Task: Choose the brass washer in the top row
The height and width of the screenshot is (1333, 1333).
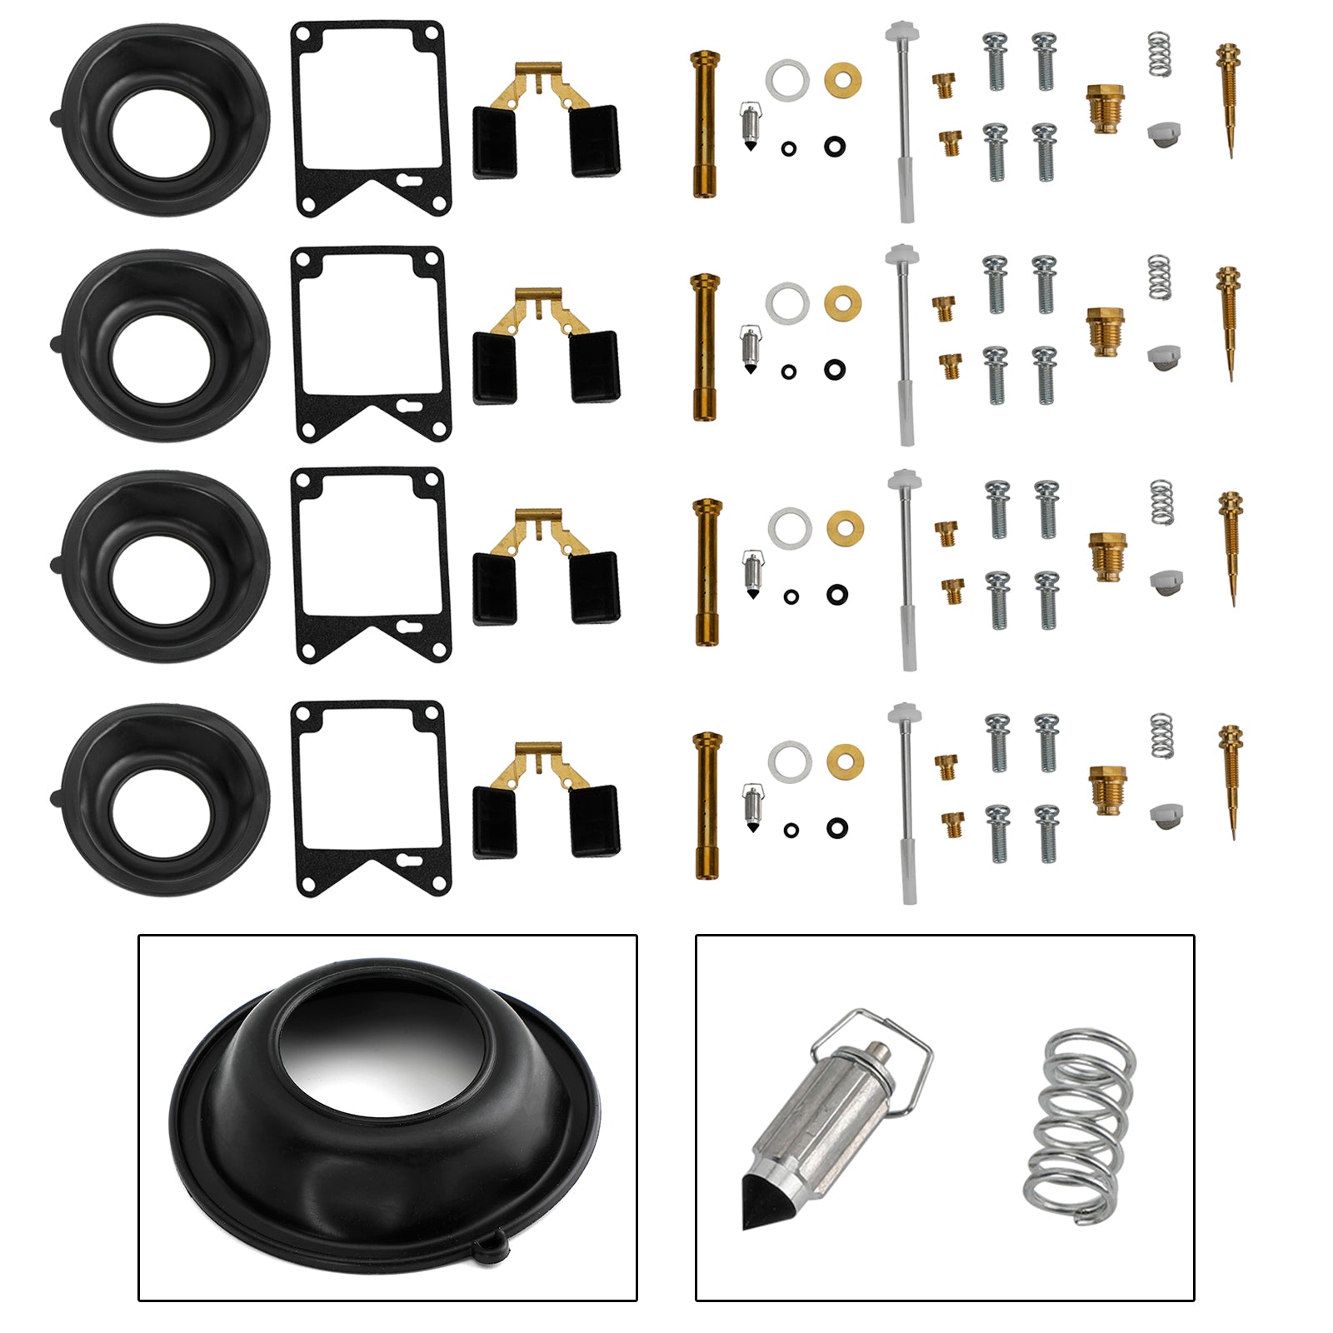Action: [x=843, y=80]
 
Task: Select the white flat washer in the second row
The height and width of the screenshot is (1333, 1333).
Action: [x=786, y=302]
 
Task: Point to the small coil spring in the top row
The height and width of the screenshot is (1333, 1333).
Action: [x=1159, y=54]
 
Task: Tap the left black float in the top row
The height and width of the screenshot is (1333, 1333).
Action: [x=495, y=142]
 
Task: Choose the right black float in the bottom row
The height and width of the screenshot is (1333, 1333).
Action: [x=595, y=821]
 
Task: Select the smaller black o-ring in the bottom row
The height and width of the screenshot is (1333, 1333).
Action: [x=791, y=830]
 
